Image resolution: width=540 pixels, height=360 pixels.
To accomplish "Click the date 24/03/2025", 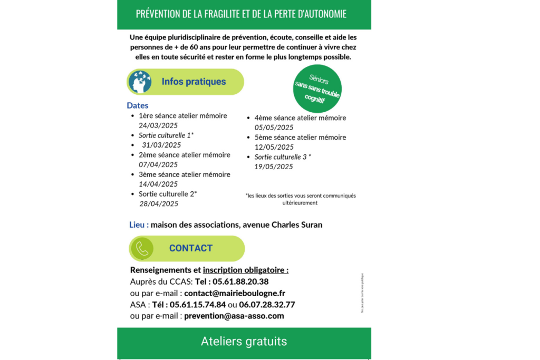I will pyautogui.click(x=158, y=125).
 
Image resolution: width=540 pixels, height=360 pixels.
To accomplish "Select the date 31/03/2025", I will pyautogui.click(x=161, y=145).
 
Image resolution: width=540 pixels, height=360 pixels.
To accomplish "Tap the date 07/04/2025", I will pyautogui.click(x=158, y=164).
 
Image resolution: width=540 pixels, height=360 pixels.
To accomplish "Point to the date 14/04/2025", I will pyautogui.click(x=158, y=184).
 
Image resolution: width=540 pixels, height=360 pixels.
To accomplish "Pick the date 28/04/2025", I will pyautogui.click(x=159, y=203).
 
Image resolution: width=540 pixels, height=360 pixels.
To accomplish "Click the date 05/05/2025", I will pyautogui.click(x=274, y=128).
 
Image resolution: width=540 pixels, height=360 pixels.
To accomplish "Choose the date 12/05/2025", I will pyautogui.click(x=274, y=147).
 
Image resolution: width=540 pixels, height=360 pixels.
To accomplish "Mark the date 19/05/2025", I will pyautogui.click(x=274, y=167).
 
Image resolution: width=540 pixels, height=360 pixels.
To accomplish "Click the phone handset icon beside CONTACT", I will pyautogui.click(x=142, y=248).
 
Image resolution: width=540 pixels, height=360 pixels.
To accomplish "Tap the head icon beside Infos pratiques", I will pyautogui.click(x=140, y=82).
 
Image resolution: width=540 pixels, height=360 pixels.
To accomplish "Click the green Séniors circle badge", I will pyautogui.click(x=317, y=89).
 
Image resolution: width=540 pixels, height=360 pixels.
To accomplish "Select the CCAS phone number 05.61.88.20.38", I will pyautogui.click(x=240, y=281).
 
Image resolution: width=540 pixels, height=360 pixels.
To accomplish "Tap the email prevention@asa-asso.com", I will pyautogui.click(x=234, y=316).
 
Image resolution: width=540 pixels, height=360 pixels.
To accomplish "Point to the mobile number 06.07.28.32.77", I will pyautogui.click(x=267, y=305).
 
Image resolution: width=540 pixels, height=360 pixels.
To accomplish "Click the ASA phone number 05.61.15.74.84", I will pyautogui.click(x=198, y=305).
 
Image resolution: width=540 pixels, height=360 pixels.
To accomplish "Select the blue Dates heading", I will pyautogui.click(x=138, y=105).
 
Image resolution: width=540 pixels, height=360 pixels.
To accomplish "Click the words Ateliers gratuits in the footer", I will pyautogui.click(x=244, y=342).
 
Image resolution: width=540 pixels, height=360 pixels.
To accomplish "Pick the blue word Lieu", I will pyautogui.click(x=139, y=225).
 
